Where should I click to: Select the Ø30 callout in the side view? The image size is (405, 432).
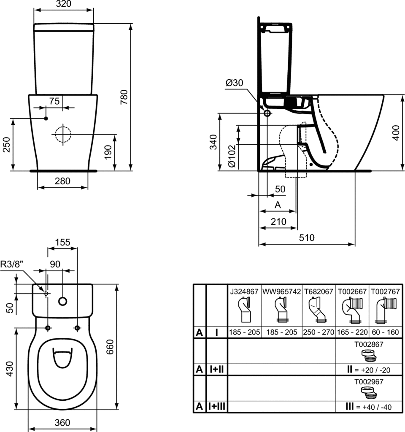tap(234, 83)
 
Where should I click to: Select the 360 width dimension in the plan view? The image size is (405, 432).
tap(62, 423)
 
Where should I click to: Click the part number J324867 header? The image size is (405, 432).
tap(244, 291)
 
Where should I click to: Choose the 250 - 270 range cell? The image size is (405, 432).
tap(319, 332)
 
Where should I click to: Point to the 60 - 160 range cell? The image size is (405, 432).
tap(384, 332)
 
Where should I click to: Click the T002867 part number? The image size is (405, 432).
tap(369, 344)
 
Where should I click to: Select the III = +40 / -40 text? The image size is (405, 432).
tap(368, 408)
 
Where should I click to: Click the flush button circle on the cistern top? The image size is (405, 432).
tap(63, 301)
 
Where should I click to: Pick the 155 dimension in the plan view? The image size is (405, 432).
tap(62, 242)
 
